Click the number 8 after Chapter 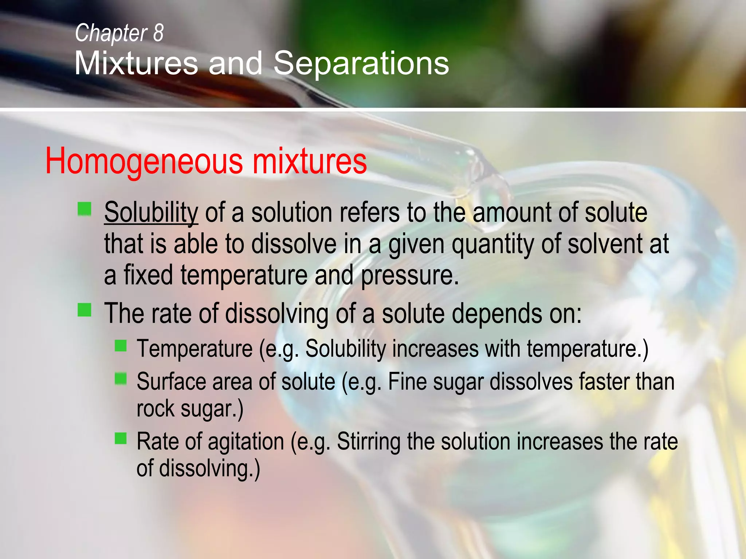[x=158, y=33]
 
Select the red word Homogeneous [x=144, y=161]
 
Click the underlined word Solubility [x=151, y=213]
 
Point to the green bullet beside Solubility [x=84, y=209]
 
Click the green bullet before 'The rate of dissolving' [x=84, y=310]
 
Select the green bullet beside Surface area [x=121, y=379]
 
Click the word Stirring [x=368, y=442]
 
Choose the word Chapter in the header [x=111, y=33]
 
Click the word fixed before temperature [x=148, y=275]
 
